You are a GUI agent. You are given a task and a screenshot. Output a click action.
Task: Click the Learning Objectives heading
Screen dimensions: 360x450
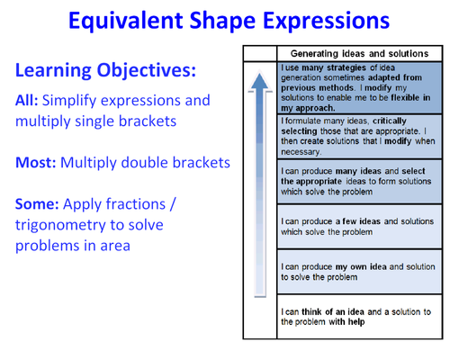click(105, 69)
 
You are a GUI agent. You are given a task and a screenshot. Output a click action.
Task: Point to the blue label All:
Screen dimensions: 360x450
click(27, 100)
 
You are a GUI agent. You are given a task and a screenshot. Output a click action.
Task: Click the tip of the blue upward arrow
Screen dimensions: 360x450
click(261, 74)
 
